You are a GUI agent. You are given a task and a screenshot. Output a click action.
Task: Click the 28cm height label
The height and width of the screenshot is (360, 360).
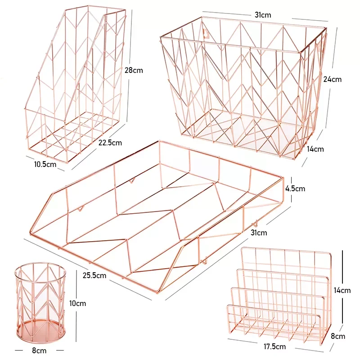[x=133, y=70]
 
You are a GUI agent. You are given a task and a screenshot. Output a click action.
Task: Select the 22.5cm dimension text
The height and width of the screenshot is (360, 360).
[x=110, y=143]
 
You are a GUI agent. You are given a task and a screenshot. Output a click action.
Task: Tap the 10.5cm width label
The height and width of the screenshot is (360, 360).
[x=45, y=164]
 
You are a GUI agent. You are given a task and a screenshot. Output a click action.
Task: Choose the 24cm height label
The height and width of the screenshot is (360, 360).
[x=333, y=79]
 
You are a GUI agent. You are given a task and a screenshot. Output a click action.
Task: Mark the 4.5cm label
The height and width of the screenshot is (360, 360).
[x=295, y=189]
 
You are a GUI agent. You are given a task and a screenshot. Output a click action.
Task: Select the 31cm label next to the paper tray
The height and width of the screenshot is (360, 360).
[x=259, y=233]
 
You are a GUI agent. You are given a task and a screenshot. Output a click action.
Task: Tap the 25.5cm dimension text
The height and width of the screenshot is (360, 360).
[x=94, y=275]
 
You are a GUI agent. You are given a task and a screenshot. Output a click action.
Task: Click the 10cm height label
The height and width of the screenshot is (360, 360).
[x=78, y=303]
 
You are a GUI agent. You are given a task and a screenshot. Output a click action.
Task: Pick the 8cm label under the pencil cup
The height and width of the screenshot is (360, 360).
[x=39, y=350]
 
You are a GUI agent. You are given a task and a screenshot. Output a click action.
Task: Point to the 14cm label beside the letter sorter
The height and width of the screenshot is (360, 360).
[x=342, y=290]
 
